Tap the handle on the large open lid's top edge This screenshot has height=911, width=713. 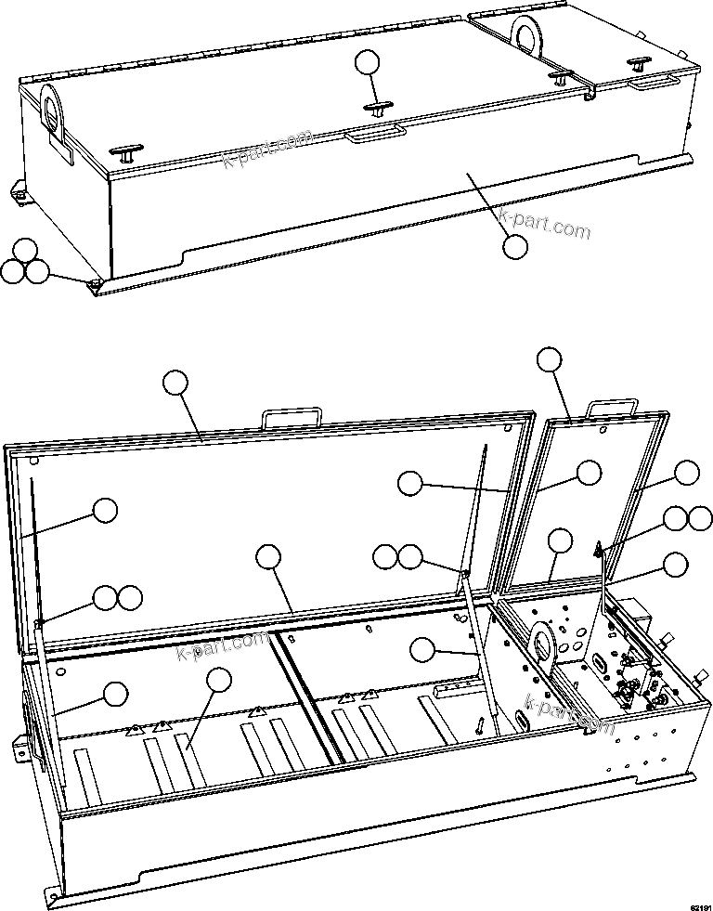coord(292,418)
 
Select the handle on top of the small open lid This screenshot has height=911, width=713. coord(614,409)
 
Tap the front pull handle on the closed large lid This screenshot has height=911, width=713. coord(374,136)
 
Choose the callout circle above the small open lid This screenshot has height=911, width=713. coord(550,360)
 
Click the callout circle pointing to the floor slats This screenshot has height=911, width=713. coord(218,681)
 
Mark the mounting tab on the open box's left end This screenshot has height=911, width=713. coord(17,747)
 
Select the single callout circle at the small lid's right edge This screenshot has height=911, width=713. coord(686,472)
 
